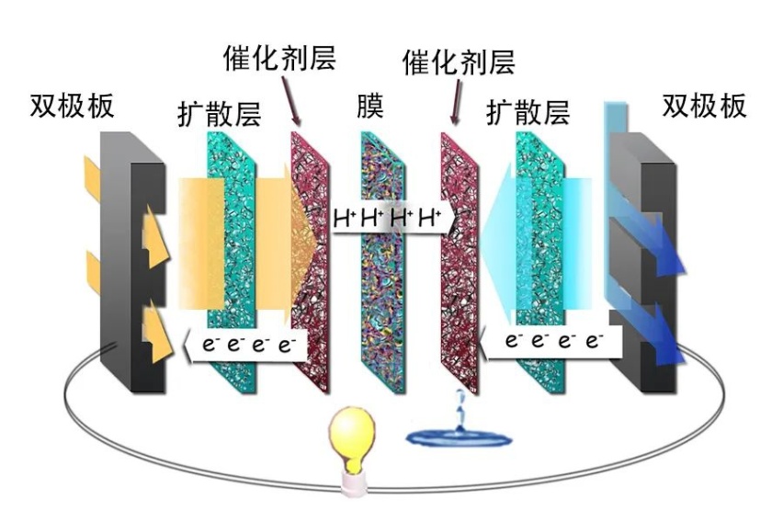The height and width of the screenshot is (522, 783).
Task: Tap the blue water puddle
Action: pos(459,437)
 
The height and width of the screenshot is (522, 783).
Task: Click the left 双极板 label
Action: pos(73,105)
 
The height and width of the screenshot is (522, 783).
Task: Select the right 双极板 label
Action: pos(705,105)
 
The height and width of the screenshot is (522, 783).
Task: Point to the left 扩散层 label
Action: pos(220,113)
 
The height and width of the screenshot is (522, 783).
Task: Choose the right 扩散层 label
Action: pos(528,112)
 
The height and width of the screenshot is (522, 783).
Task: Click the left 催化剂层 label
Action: pos(279,58)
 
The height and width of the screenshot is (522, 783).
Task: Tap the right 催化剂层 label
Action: pos(459,62)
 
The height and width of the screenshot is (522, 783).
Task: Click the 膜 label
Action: pos(370,106)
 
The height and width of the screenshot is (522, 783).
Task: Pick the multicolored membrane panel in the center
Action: pos(382,262)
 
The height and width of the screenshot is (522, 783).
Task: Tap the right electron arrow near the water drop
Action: pos(550,342)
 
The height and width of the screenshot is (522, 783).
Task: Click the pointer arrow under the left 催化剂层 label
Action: pos(290,100)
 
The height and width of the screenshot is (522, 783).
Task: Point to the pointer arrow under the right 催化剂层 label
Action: pos(457,102)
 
